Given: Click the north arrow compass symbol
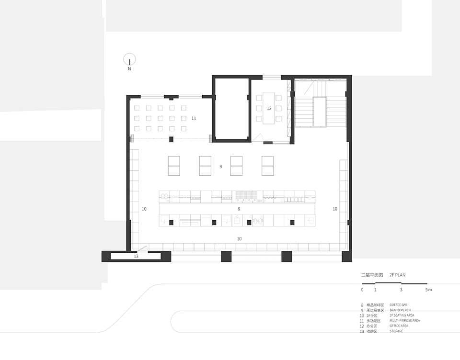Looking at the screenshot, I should (x=129, y=59).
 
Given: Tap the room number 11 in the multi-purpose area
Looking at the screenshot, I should (x=194, y=118).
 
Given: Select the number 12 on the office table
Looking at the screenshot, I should (x=269, y=108).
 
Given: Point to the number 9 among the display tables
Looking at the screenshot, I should (x=220, y=167).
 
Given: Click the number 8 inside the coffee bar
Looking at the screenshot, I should (x=238, y=209).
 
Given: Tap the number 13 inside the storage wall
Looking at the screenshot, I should (x=136, y=257).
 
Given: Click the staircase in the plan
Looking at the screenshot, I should (x=320, y=108).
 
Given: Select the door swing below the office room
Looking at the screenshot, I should (x=259, y=139).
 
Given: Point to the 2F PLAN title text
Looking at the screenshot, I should (x=398, y=275).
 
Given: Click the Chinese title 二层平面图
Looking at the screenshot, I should (x=372, y=275).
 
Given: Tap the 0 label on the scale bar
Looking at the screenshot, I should (x=362, y=290).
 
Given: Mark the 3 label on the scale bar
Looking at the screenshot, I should (x=401, y=290).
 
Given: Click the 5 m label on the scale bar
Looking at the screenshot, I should (x=428, y=290).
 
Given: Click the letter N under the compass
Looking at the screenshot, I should (x=129, y=69).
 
